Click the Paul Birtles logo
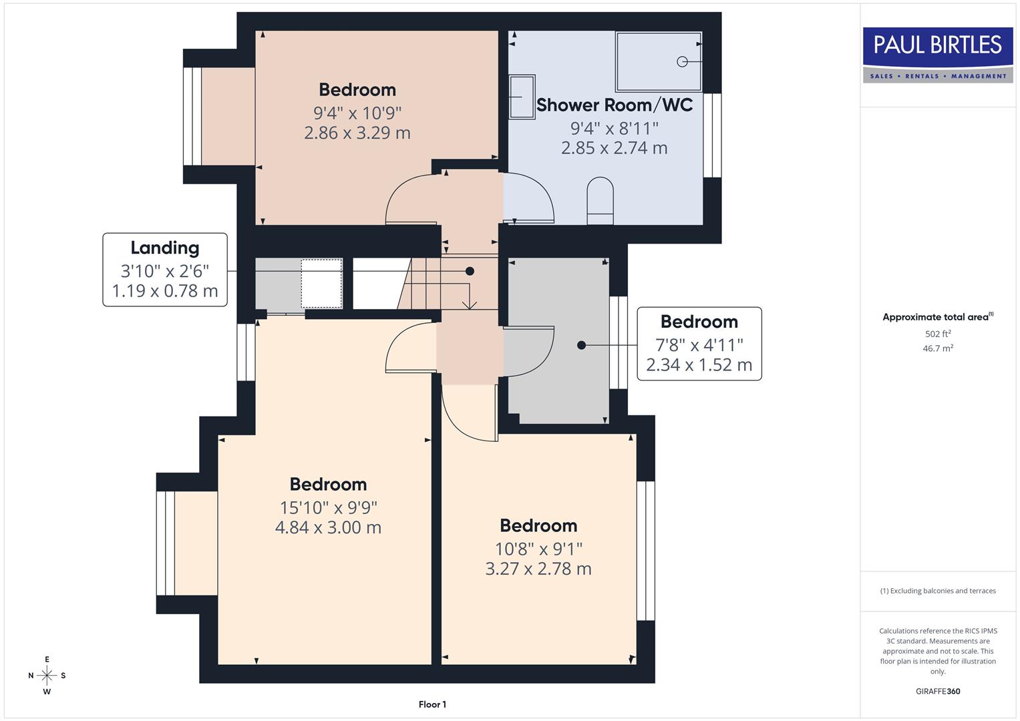(x=938, y=54)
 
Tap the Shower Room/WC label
(x=614, y=105)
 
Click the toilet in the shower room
(x=600, y=200)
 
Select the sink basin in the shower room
(x=522, y=97)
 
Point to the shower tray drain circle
(x=682, y=61)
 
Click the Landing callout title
(x=165, y=248)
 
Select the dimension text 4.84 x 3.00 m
(x=328, y=527)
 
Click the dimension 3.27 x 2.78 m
(x=538, y=569)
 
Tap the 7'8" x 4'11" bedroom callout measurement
(x=699, y=345)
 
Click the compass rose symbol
(x=47, y=676)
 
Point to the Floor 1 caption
(x=432, y=704)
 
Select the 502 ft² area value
(x=937, y=334)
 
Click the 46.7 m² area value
(x=937, y=348)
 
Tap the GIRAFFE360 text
(x=937, y=691)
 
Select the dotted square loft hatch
(x=321, y=284)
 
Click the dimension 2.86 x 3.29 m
(x=357, y=133)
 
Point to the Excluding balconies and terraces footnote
(x=937, y=591)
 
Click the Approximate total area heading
(x=937, y=317)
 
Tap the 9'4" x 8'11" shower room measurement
(x=614, y=128)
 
